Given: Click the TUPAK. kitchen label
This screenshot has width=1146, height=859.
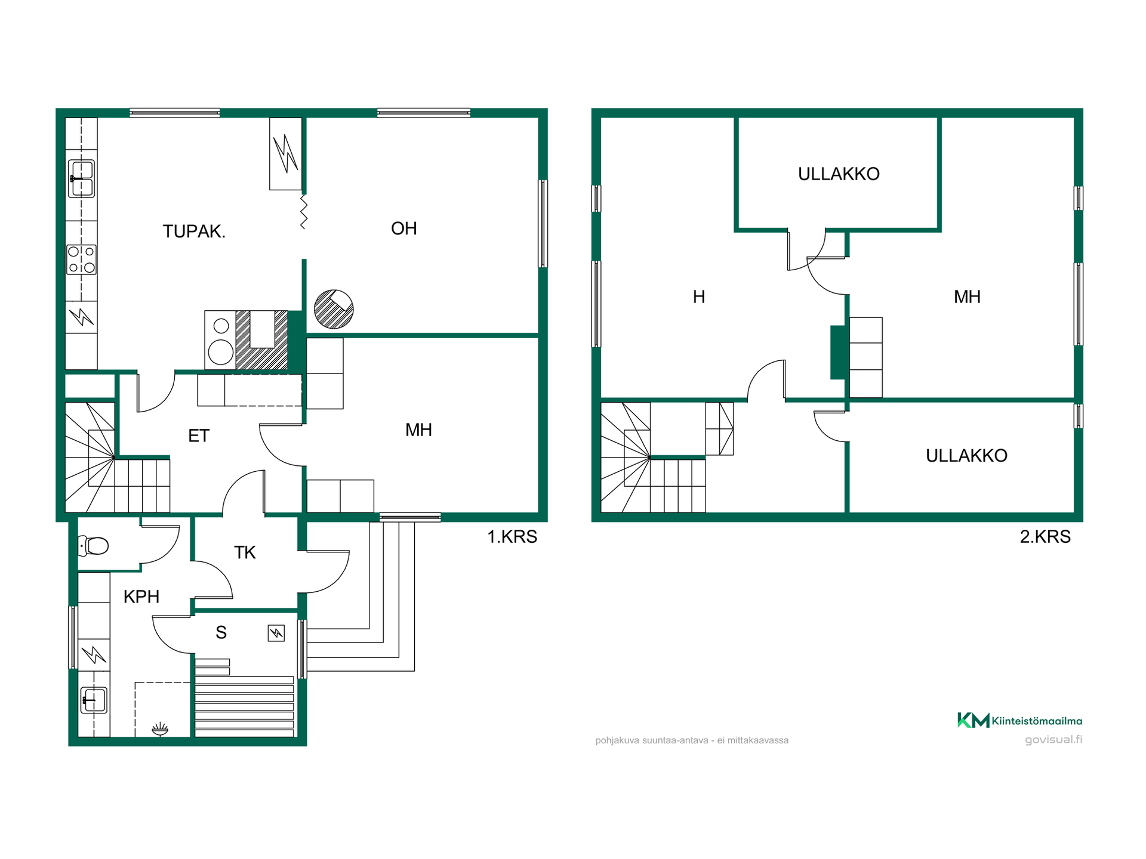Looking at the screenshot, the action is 194,231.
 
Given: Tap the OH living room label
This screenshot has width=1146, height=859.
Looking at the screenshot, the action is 403,228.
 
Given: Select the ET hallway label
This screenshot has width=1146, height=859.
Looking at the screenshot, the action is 199,436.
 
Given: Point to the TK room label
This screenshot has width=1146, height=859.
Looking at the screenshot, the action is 245,552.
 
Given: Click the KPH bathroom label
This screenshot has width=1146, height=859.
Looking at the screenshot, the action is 141,597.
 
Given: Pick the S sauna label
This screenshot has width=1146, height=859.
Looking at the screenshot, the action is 221,632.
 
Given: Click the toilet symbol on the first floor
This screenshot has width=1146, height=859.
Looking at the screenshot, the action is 93,545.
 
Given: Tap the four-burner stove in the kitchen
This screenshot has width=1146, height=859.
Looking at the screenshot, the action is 81,259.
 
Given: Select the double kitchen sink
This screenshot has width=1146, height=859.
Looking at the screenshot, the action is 81,178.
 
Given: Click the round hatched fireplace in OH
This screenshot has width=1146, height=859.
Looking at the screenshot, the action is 334,309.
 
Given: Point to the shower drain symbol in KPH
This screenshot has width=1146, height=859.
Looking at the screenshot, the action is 160,729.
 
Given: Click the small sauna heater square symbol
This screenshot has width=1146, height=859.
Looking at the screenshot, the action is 276,633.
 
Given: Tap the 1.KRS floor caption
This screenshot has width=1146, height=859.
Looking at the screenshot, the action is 512,537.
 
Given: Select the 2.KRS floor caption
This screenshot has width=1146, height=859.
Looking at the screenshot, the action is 1045,537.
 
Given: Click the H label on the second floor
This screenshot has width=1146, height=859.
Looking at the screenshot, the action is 699,296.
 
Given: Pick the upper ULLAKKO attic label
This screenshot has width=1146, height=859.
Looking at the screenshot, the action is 839,174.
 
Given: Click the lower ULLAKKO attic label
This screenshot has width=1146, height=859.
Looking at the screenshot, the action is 966,456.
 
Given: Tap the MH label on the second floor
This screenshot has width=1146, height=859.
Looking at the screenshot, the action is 967,296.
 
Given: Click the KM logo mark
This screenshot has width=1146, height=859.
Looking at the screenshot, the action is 974,721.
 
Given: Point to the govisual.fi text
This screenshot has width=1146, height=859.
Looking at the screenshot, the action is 1053,740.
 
